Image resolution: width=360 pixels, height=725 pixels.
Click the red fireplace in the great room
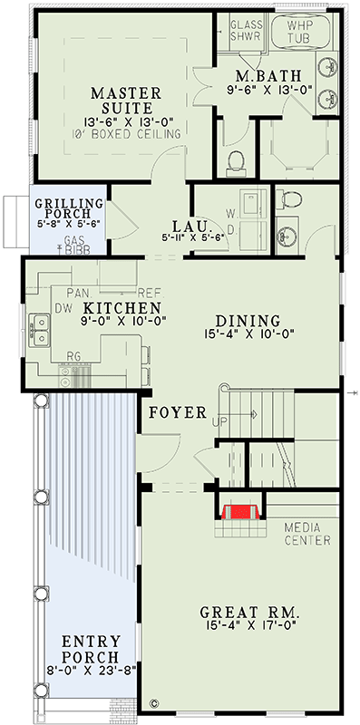click(x=238, y=513)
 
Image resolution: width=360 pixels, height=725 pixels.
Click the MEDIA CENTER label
click(x=306, y=534)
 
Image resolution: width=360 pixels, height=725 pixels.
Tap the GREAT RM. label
click(x=249, y=615)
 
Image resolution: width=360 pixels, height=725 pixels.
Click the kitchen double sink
click(x=39, y=329)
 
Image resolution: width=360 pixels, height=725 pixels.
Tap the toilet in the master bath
click(x=238, y=161)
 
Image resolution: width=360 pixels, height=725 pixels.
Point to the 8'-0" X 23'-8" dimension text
click(x=91, y=672)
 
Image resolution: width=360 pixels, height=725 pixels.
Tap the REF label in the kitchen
click(x=148, y=294)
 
